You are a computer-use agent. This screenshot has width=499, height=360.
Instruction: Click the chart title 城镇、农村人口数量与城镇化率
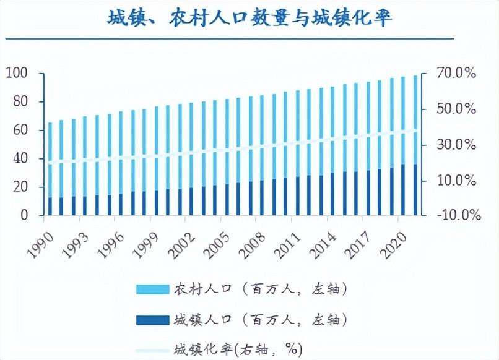pos(250,18)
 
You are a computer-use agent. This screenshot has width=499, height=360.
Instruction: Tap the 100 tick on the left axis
pos(17,73)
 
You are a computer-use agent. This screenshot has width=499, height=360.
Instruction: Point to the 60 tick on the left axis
pos(20,130)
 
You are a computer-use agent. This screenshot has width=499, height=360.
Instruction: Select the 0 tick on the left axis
pos(25,215)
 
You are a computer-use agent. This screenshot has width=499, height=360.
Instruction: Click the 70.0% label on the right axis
pos(456,73)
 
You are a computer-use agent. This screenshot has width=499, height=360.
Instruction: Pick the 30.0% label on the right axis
pos(456,145)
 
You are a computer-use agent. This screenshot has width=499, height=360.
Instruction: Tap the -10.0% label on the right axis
pos(459,215)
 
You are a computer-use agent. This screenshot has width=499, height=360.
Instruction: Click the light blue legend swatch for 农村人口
pos(153,289)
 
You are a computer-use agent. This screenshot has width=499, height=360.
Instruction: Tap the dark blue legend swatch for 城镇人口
pos(153,320)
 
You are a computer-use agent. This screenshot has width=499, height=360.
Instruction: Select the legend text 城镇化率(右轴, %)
pos(238,350)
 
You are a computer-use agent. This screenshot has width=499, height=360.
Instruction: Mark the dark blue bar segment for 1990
pos(50,207)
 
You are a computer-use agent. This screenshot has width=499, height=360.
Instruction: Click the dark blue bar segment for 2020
pos(404,190)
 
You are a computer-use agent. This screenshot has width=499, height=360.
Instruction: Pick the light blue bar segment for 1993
pos(85,156)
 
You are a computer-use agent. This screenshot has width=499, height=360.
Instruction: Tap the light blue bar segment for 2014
pos(332,130)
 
